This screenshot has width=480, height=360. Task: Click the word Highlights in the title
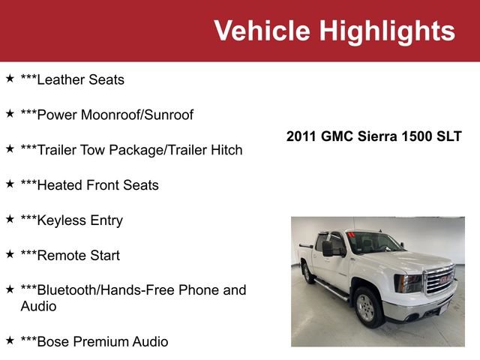coord(387,31)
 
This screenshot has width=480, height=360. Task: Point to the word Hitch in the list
coord(225,150)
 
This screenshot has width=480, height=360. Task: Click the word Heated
coord(62,185)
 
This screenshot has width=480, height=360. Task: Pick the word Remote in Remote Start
coord(64,255)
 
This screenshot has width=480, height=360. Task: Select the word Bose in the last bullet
coord(54,342)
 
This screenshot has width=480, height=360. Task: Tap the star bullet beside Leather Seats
coord(10,78)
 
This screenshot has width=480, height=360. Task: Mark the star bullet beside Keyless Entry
coord(10,219)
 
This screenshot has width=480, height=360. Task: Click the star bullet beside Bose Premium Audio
coord(10,340)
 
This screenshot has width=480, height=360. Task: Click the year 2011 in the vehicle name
coord(301,136)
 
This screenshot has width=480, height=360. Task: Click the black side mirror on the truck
coord(328,248)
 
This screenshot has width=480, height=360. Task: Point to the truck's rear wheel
coord(307,272)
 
